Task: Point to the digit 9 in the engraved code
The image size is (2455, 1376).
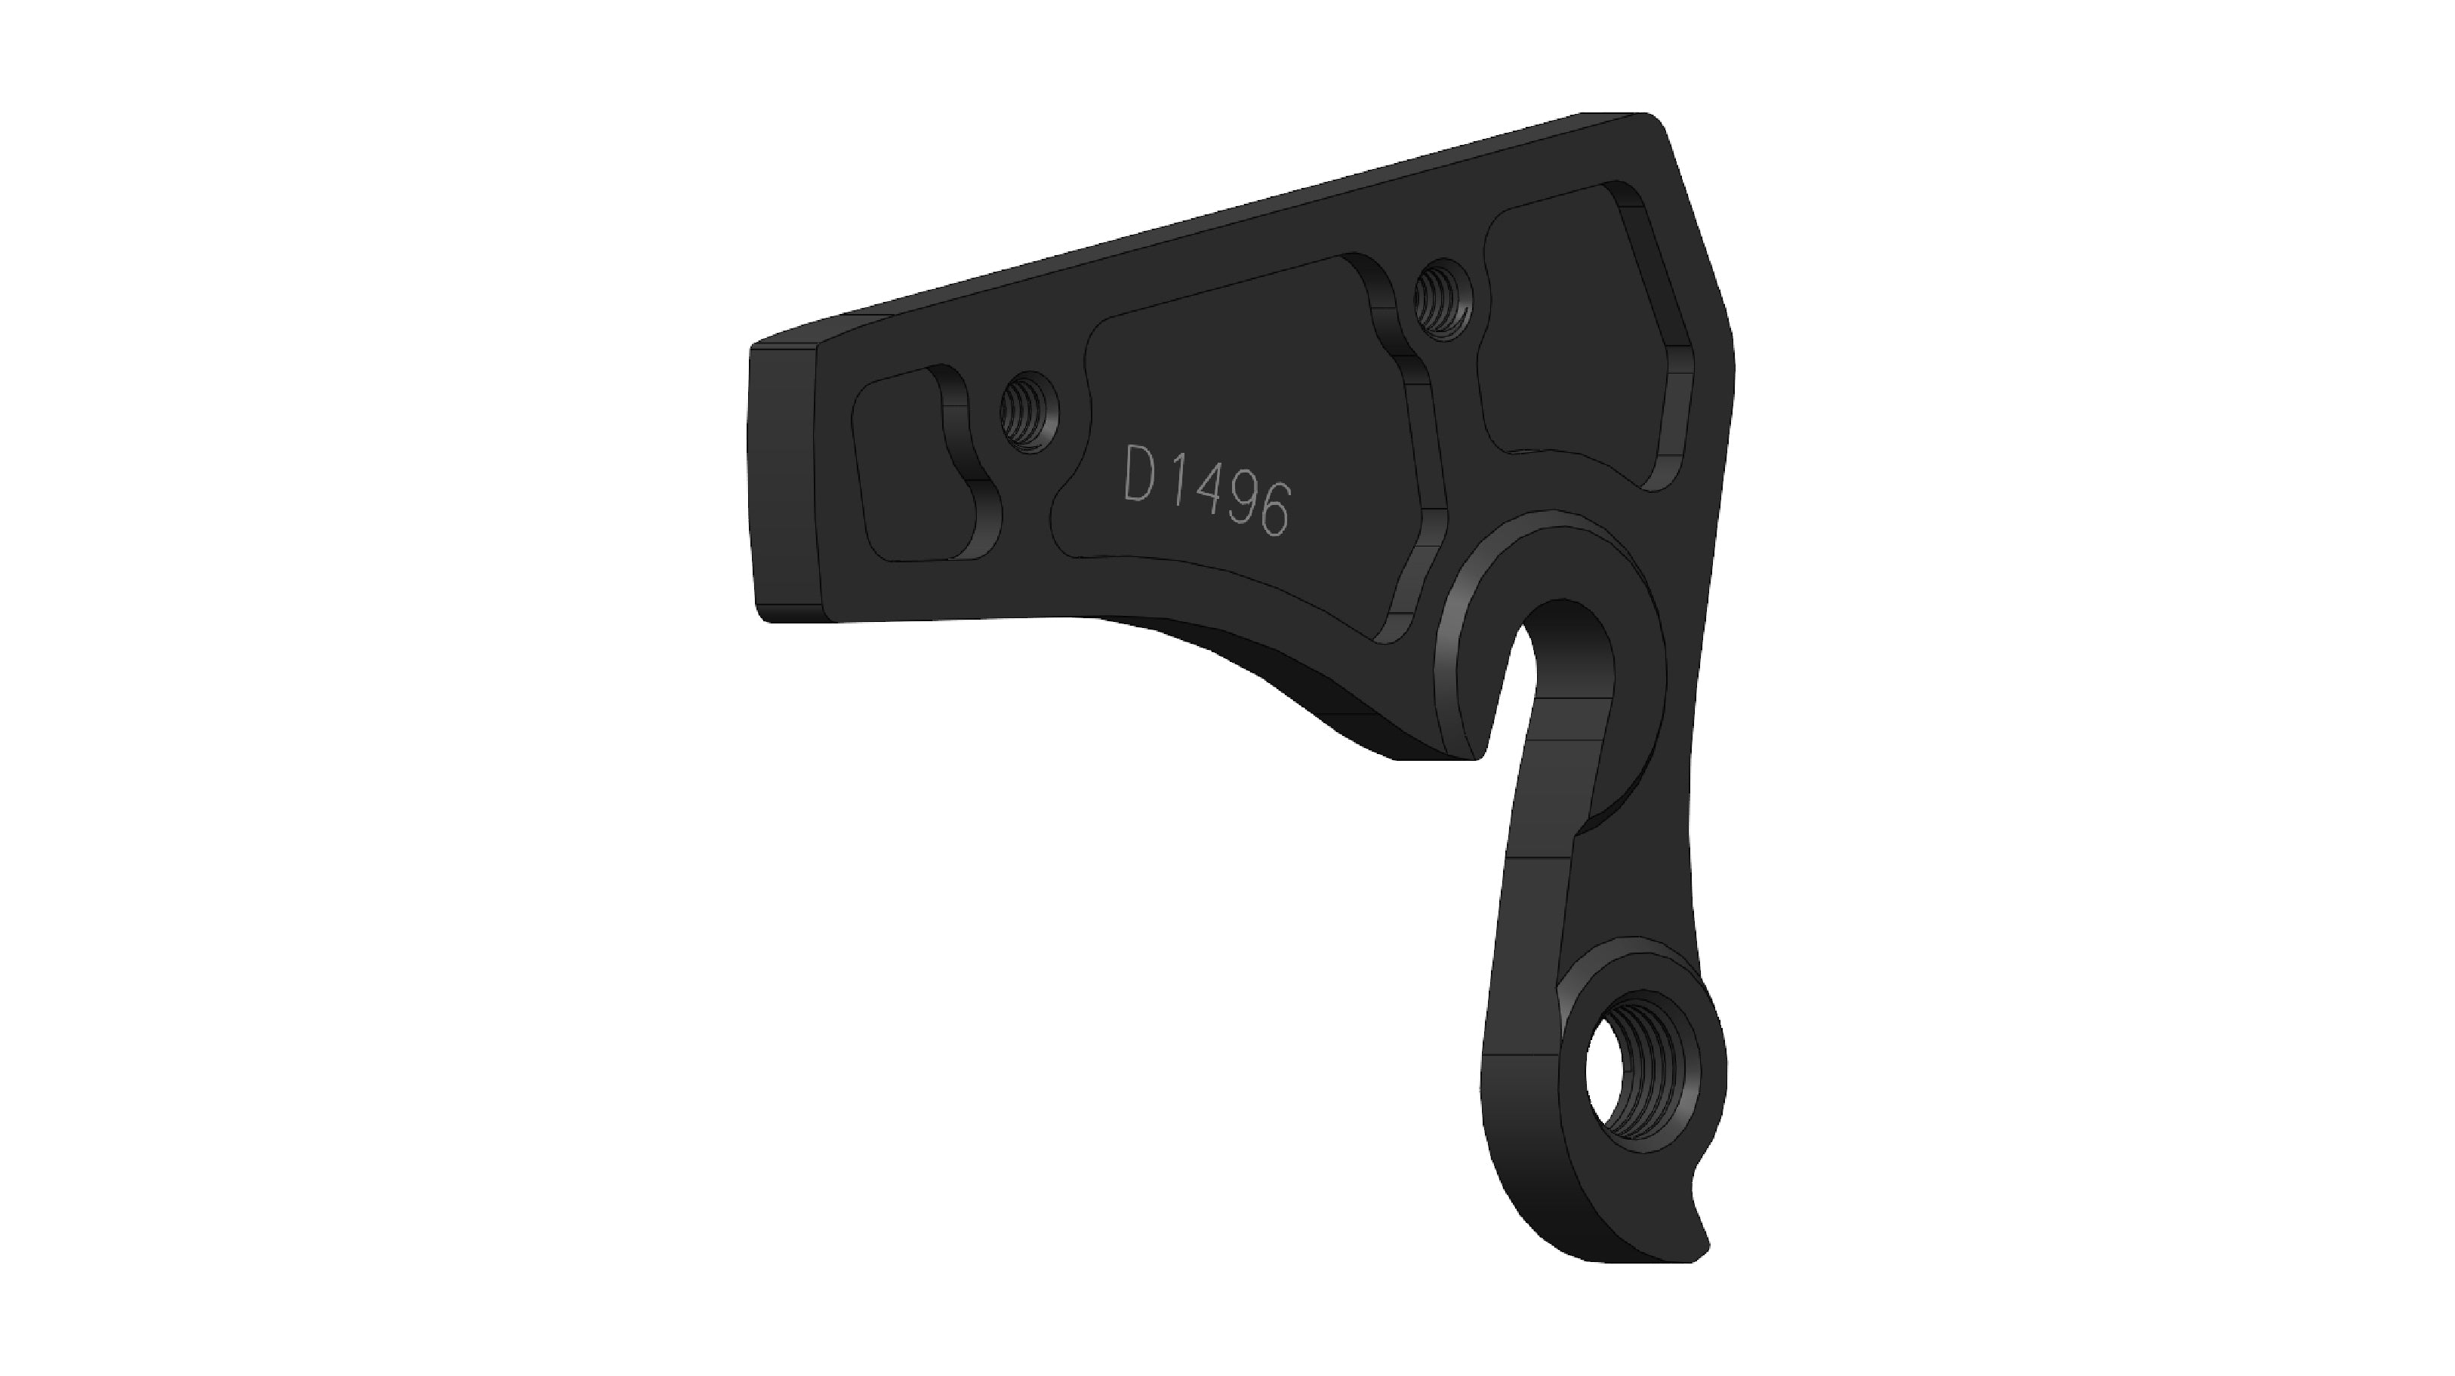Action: pos(1240,506)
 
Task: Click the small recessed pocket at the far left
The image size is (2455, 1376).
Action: pos(910,472)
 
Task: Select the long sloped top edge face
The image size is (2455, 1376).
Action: pos(1191,229)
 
